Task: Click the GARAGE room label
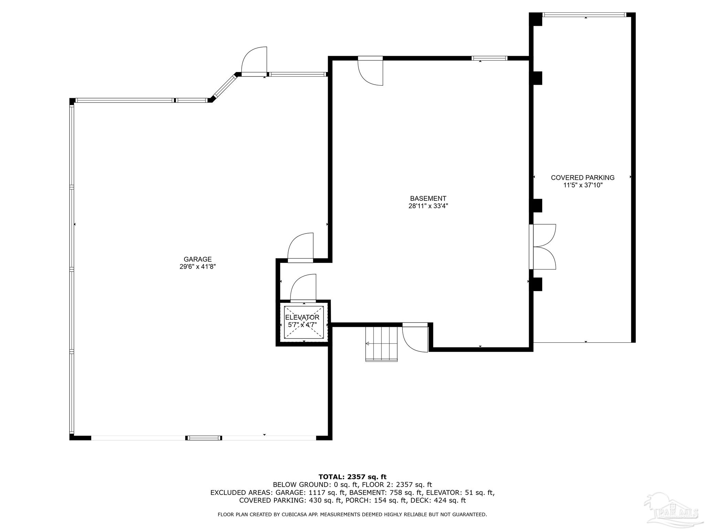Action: coord(198,259)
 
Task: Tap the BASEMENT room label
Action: coord(428,199)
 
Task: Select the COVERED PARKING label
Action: coord(582,178)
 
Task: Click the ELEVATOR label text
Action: coord(302,317)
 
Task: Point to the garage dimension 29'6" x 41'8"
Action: coord(198,267)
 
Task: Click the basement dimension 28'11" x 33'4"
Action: coord(428,206)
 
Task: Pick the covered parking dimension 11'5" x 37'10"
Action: coord(582,185)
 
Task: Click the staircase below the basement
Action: coord(381,344)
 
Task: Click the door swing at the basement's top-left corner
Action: coord(370,71)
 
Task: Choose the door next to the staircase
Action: coord(415,338)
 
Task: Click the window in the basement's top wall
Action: coord(490,58)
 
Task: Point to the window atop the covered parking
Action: coord(584,15)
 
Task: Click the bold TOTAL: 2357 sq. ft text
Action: coord(352,477)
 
